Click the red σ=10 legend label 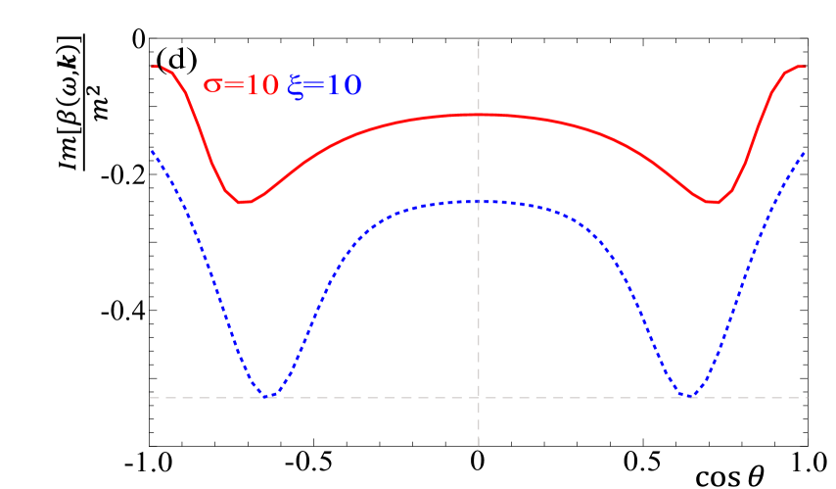click(x=241, y=85)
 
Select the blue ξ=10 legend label click(x=325, y=86)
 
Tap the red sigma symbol click(x=212, y=86)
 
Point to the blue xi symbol click(x=297, y=87)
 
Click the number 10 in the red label click(x=261, y=85)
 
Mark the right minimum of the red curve click(x=714, y=203)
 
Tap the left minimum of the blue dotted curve click(x=267, y=397)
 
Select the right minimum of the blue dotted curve click(x=689, y=397)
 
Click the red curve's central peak click(x=478, y=115)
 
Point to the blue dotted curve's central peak click(x=478, y=201)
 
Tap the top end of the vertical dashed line click(x=478, y=40)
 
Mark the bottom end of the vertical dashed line click(x=478, y=446)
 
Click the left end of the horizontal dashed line click(x=151, y=398)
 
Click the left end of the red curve click(x=153, y=67)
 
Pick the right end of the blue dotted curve click(x=805, y=152)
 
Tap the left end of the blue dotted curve click(x=152, y=152)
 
